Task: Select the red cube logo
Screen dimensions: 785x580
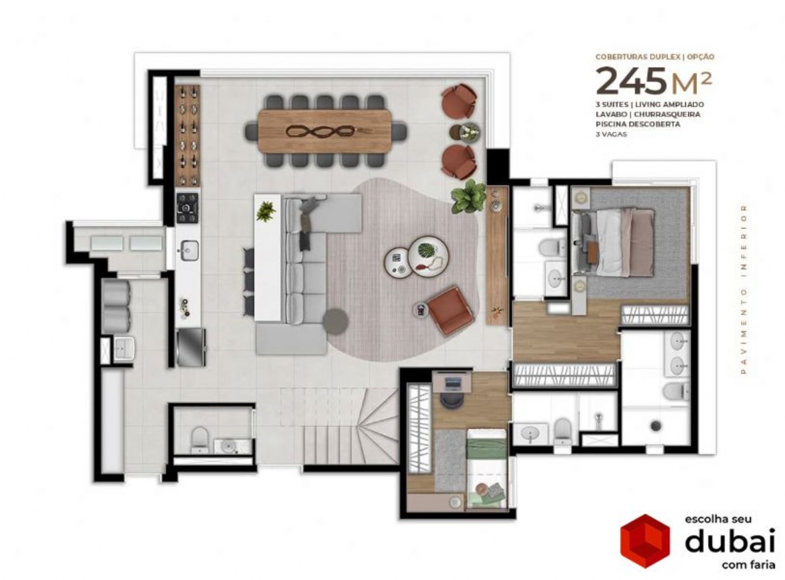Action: tap(645, 542)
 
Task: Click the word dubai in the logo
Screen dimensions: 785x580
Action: tap(730, 541)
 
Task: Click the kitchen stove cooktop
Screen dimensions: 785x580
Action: tap(188, 208)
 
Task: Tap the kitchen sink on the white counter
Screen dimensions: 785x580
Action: tap(188, 250)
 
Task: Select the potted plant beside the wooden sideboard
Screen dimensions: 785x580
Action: tap(469, 197)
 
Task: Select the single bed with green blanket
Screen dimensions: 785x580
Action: tap(486, 468)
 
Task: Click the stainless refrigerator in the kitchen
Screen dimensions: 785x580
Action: tap(191, 347)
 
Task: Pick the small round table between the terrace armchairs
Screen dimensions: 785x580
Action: tap(465, 132)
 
